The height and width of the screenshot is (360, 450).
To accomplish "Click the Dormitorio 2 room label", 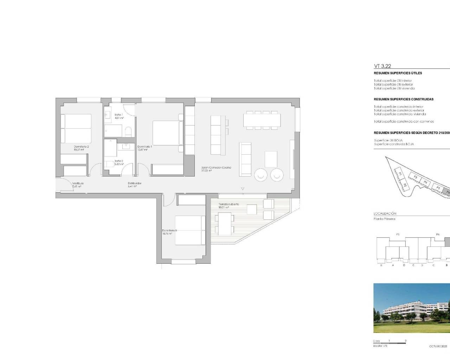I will [81, 147].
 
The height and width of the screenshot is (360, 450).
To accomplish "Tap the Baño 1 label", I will [119, 115].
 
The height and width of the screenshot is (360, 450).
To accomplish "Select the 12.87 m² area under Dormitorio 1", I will [143, 150].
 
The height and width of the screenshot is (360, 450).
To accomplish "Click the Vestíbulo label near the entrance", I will [78, 184].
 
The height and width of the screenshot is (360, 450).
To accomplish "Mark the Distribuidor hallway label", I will [134, 183].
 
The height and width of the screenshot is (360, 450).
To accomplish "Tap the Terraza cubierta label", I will [229, 204].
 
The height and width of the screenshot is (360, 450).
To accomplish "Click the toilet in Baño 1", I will [128, 132].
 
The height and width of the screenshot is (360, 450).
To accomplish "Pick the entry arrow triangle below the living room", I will [242, 189].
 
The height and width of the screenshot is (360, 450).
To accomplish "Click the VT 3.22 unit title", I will [382, 66].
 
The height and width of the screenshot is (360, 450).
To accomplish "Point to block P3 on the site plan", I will [415, 178].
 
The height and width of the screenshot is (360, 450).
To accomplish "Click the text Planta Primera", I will [384, 219].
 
